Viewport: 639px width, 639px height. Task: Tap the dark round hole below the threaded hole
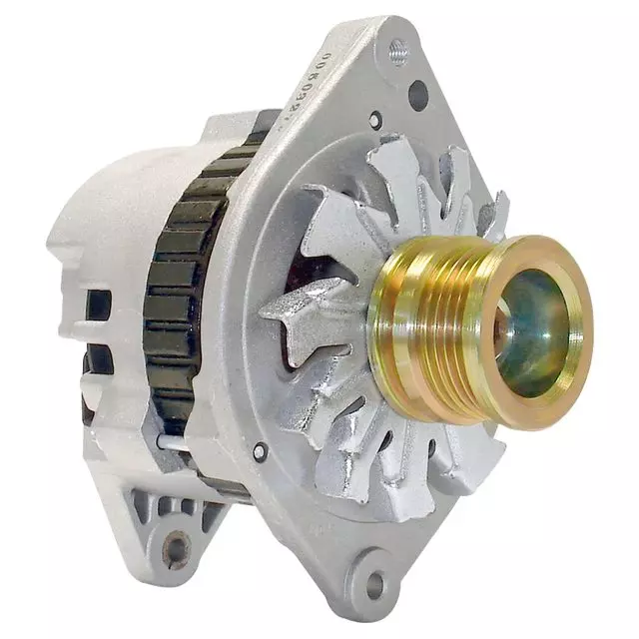click(x=417, y=95)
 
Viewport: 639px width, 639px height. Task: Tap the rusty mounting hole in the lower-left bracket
click(x=177, y=548)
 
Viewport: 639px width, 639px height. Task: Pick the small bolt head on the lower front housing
click(x=260, y=450)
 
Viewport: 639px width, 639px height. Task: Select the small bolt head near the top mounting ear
click(x=374, y=121)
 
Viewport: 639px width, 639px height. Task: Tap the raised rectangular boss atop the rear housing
click(x=235, y=127)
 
